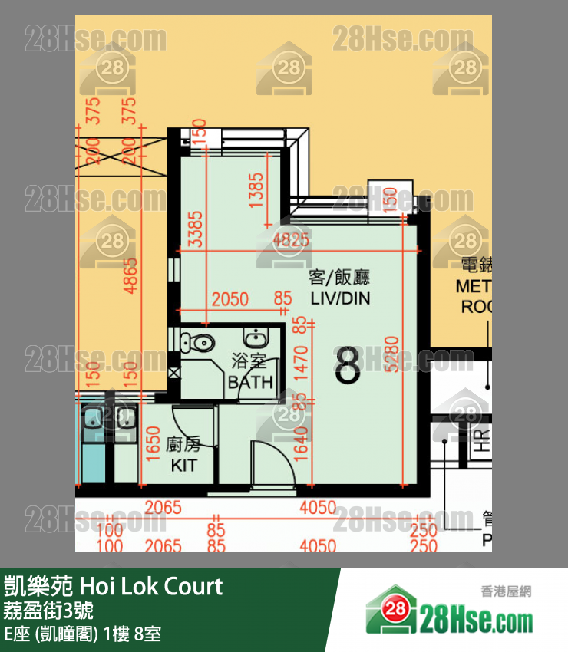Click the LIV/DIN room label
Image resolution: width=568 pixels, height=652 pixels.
tap(340, 298)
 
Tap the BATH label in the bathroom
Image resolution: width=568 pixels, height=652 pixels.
tap(250, 382)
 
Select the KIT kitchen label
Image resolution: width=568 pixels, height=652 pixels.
tap(183, 466)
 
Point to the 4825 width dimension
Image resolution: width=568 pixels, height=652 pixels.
tap(292, 239)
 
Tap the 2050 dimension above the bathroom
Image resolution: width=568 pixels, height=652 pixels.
tap(230, 299)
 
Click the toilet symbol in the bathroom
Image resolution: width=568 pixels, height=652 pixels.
tap(201, 343)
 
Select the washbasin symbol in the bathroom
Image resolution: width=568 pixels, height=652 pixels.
tap(253, 338)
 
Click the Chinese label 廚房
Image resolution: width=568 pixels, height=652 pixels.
tap(183, 445)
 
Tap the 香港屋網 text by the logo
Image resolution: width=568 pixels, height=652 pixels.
tap(506, 591)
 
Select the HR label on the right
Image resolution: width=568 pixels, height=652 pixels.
tap(481, 440)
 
